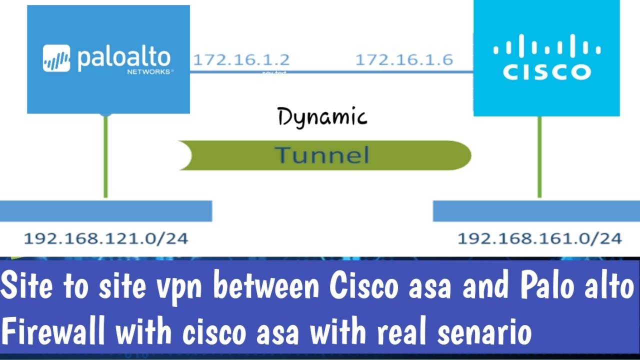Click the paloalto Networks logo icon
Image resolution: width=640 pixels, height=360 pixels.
56,58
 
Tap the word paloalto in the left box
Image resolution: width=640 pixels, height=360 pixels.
124,58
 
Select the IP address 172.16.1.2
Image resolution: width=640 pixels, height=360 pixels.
241,60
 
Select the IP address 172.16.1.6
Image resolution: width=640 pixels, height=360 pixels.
404,60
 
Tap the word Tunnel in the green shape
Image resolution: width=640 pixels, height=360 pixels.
322,155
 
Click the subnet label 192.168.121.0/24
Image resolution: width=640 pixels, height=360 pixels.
106,238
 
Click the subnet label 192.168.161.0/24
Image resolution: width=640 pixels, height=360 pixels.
539,238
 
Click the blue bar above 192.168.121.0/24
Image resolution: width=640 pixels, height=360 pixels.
106,211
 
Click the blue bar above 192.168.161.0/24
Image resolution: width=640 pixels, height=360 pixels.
536,211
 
